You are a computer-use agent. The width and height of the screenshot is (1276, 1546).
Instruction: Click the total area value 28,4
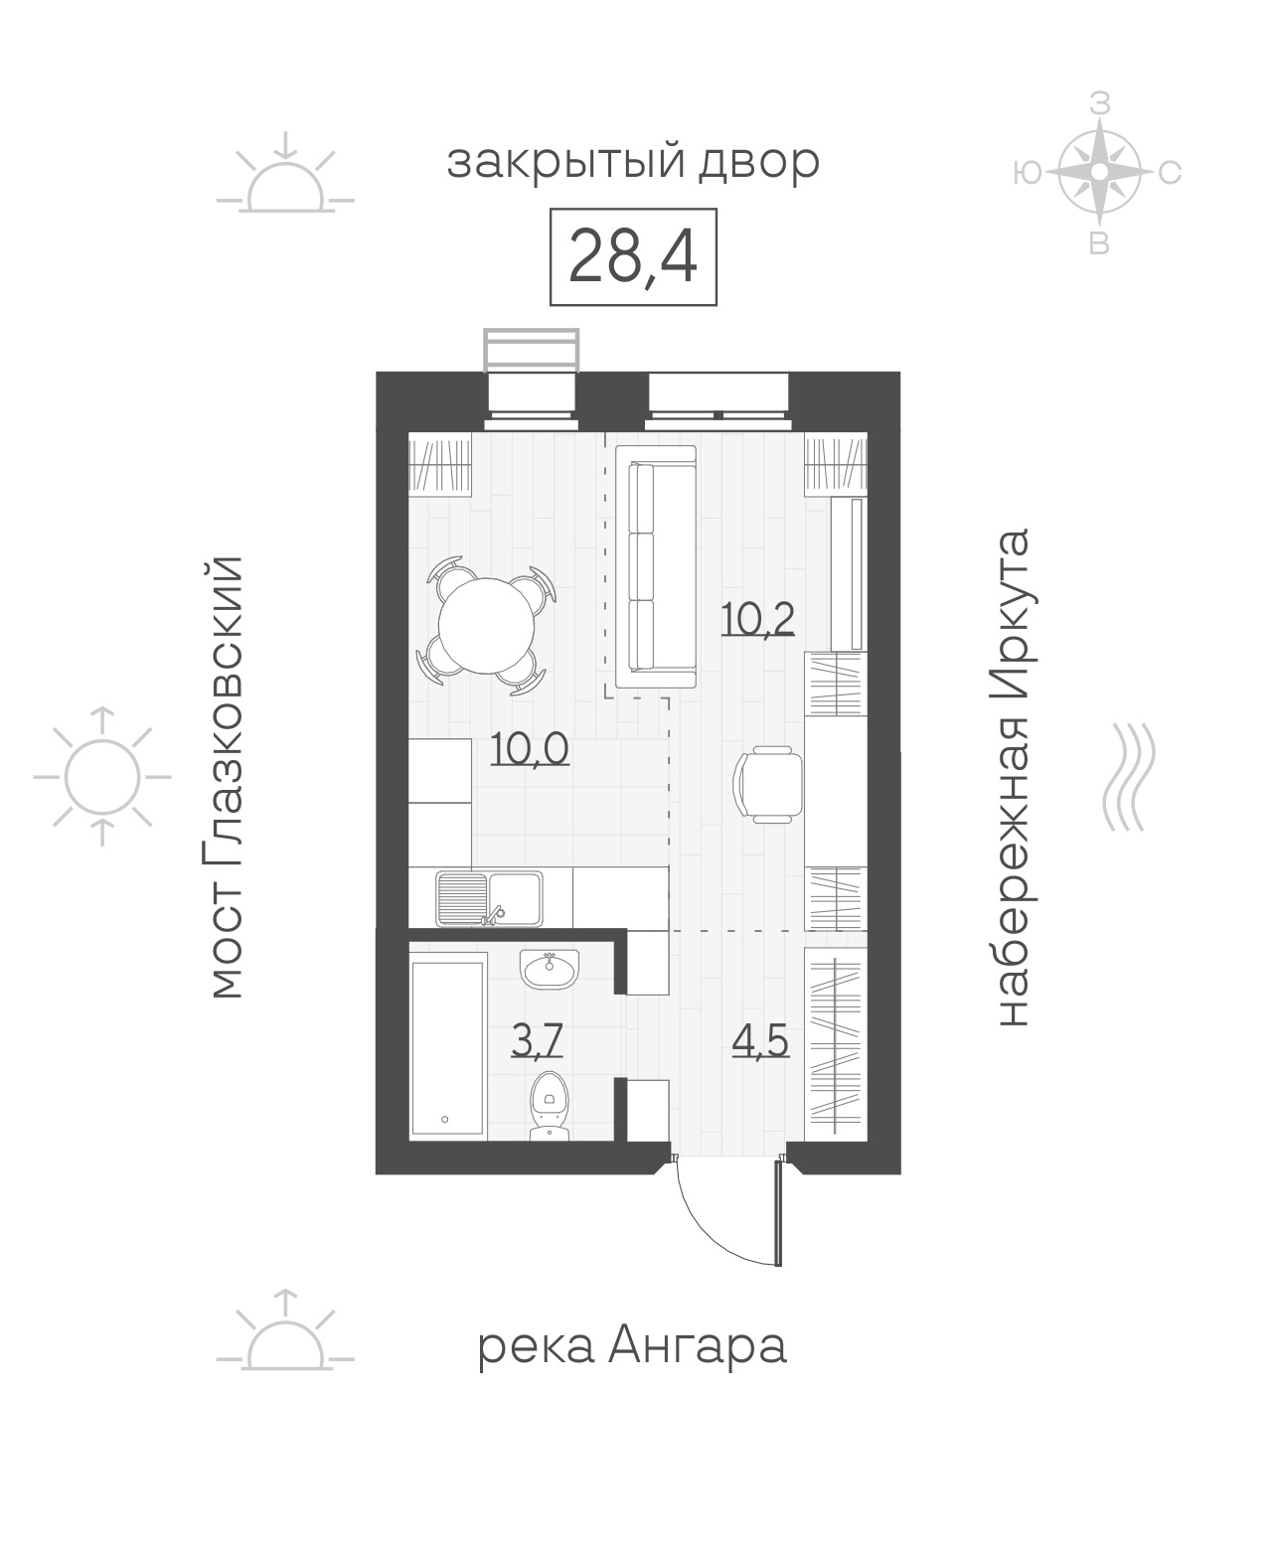coord(632,257)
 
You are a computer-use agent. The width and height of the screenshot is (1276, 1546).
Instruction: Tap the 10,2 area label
coord(757,619)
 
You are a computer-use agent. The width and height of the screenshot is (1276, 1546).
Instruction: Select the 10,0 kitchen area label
coord(530,748)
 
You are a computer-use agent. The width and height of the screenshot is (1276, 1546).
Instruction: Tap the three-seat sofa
coord(656,566)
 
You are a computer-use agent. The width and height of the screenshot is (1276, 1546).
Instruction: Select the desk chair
coord(767,785)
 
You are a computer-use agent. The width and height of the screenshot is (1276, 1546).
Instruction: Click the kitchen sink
coord(489,899)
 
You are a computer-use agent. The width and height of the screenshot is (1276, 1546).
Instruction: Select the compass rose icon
coord(1100,173)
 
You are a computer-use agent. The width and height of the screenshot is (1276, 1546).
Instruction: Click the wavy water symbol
coord(1128,777)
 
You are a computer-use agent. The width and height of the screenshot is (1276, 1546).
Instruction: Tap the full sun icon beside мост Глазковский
coord(102,777)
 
